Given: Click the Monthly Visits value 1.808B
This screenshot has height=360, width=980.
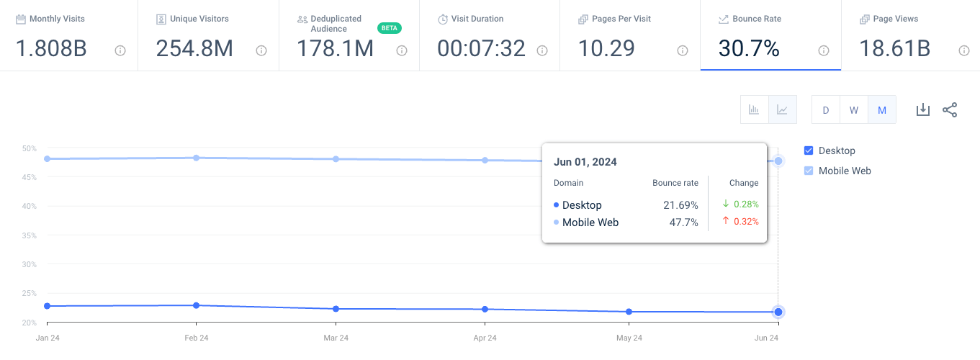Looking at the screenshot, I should [x=51, y=49].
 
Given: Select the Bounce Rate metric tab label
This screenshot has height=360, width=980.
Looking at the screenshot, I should [x=757, y=19].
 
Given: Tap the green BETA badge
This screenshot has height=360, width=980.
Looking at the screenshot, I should [x=389, y=28].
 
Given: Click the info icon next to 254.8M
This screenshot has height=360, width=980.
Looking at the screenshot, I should [x=261, y=50].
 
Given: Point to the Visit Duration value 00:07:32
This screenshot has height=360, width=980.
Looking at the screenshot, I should [x=481, y=49].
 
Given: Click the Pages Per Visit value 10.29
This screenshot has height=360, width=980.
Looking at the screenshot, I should [x=606, y=49].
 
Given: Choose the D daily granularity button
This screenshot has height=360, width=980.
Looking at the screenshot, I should [x=826, y=110].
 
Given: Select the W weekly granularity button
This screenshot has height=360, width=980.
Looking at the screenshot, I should [x=854, y=110].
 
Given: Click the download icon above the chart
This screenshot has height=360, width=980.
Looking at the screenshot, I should [x=922, y=109].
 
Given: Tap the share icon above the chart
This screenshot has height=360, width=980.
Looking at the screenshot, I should [x=950, y=109].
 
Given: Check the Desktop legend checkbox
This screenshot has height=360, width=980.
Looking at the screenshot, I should [x=809, y=150].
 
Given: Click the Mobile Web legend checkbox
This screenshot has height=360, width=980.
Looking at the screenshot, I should [x=809, y=171].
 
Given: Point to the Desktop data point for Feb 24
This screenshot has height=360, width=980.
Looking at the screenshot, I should [x=196, y=305].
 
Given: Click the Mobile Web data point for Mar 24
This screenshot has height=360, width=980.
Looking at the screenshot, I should [x=336, y=158].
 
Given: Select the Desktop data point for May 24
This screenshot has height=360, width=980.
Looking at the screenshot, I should [x=629, y=312].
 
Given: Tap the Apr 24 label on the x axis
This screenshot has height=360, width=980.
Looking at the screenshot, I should [x=485, y=338].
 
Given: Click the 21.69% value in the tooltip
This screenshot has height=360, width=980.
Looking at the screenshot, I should [x=680, y=205].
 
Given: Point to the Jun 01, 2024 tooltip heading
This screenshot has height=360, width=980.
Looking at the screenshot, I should [x=585, y=162].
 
